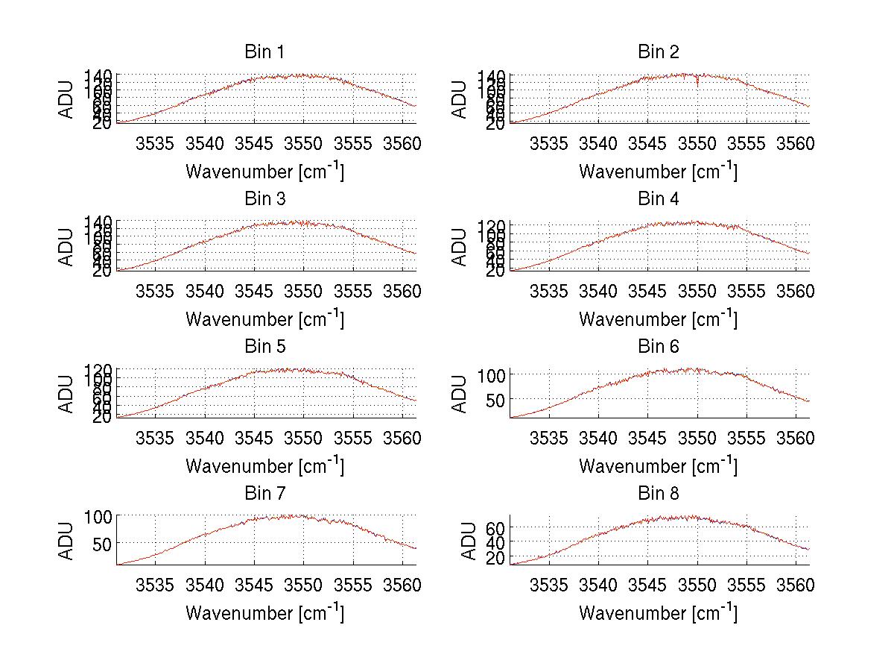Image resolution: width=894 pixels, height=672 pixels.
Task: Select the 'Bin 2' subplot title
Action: (x=658, y=52)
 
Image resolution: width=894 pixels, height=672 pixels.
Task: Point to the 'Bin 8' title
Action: (x=658, y=494)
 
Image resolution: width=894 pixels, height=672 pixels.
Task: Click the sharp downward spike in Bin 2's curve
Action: (x=697, y=83)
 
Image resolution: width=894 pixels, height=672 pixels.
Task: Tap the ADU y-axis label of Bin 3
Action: (x=67, y=246)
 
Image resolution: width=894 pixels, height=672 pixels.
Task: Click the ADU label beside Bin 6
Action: (x=460, y=393)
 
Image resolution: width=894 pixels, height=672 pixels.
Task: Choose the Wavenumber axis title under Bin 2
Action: (x=658, y=171)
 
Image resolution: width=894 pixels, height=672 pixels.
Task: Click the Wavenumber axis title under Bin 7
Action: (x=264, y=612)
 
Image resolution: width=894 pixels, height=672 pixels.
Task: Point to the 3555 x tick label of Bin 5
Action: (x=354, y=437)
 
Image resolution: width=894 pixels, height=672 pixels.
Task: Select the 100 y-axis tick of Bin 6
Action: (x=485, y=374)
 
